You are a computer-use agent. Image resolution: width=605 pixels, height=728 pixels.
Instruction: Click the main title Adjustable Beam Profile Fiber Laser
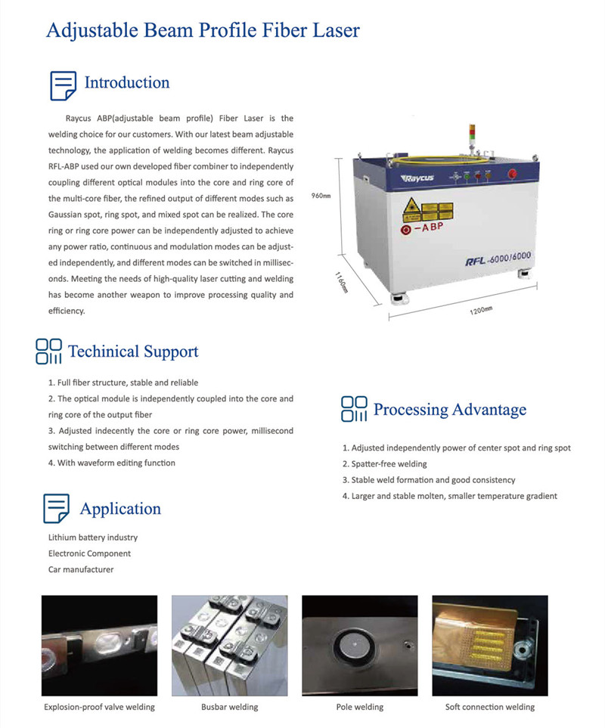click(203, 30)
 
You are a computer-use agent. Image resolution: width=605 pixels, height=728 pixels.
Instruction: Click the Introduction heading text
click(126, 82)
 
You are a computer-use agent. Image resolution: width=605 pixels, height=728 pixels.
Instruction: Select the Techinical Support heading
click(133, 352)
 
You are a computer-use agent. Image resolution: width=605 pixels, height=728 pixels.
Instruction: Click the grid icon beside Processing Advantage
click(354, 409)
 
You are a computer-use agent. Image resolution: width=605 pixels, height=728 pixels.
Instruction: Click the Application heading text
click(120, 509)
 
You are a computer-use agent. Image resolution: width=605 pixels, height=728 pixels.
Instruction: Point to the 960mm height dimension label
click(321, 196)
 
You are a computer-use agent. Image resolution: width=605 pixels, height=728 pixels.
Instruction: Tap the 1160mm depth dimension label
click(342, 285)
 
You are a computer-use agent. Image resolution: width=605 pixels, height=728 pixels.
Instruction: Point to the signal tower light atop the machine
click(474, 135)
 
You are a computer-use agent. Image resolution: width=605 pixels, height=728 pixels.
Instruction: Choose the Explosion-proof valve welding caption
click(99, 707)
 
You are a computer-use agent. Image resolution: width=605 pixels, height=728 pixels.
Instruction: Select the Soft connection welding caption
click(489, 707)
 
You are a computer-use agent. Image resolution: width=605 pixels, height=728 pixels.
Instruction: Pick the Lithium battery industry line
click(92, 537)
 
